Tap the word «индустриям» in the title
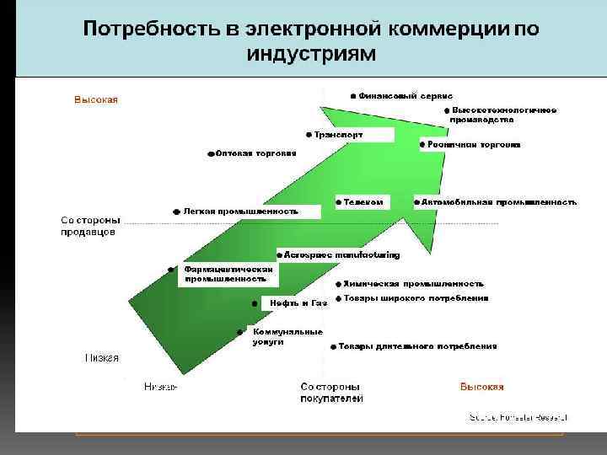[309, 54]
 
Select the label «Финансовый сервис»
[406, 95]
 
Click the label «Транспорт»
[339, 135]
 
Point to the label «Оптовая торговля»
[255, 153]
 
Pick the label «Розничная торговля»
[474, 145]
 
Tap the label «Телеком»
[363, 202]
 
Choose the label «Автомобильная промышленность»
[498, 202]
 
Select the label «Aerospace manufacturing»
[342, 254]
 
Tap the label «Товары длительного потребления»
[418, 345]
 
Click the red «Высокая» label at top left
[96, 99]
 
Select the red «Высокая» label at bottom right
[481, 387]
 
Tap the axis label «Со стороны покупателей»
[332, 392]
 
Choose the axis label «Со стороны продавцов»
[89, 226]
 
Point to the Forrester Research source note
[518, 417]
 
